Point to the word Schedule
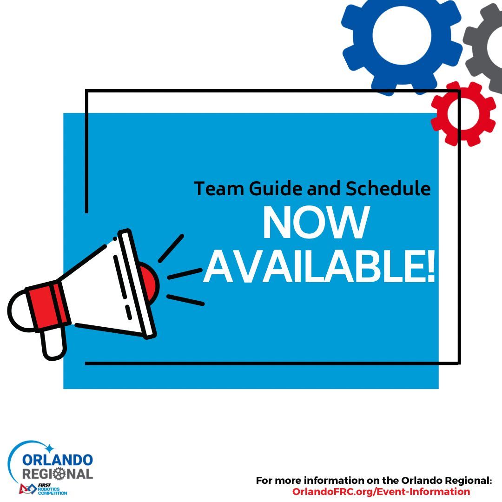click(388, 189)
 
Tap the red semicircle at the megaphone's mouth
click(148, 284)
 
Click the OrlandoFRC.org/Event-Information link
click(381, 491)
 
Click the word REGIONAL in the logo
click(58, 474)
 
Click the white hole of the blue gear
click(402, 33)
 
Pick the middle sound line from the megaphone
click(185, 273)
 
